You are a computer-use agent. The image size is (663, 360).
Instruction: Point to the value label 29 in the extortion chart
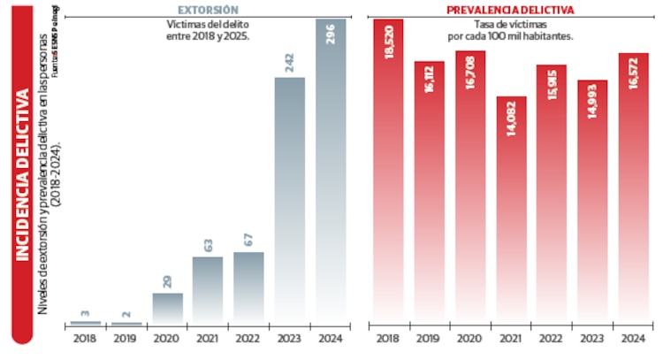(x=167, y=282)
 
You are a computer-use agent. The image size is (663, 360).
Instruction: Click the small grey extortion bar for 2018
(x=86, y=323)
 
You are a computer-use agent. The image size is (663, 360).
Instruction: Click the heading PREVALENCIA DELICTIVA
(x=511, y=10)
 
